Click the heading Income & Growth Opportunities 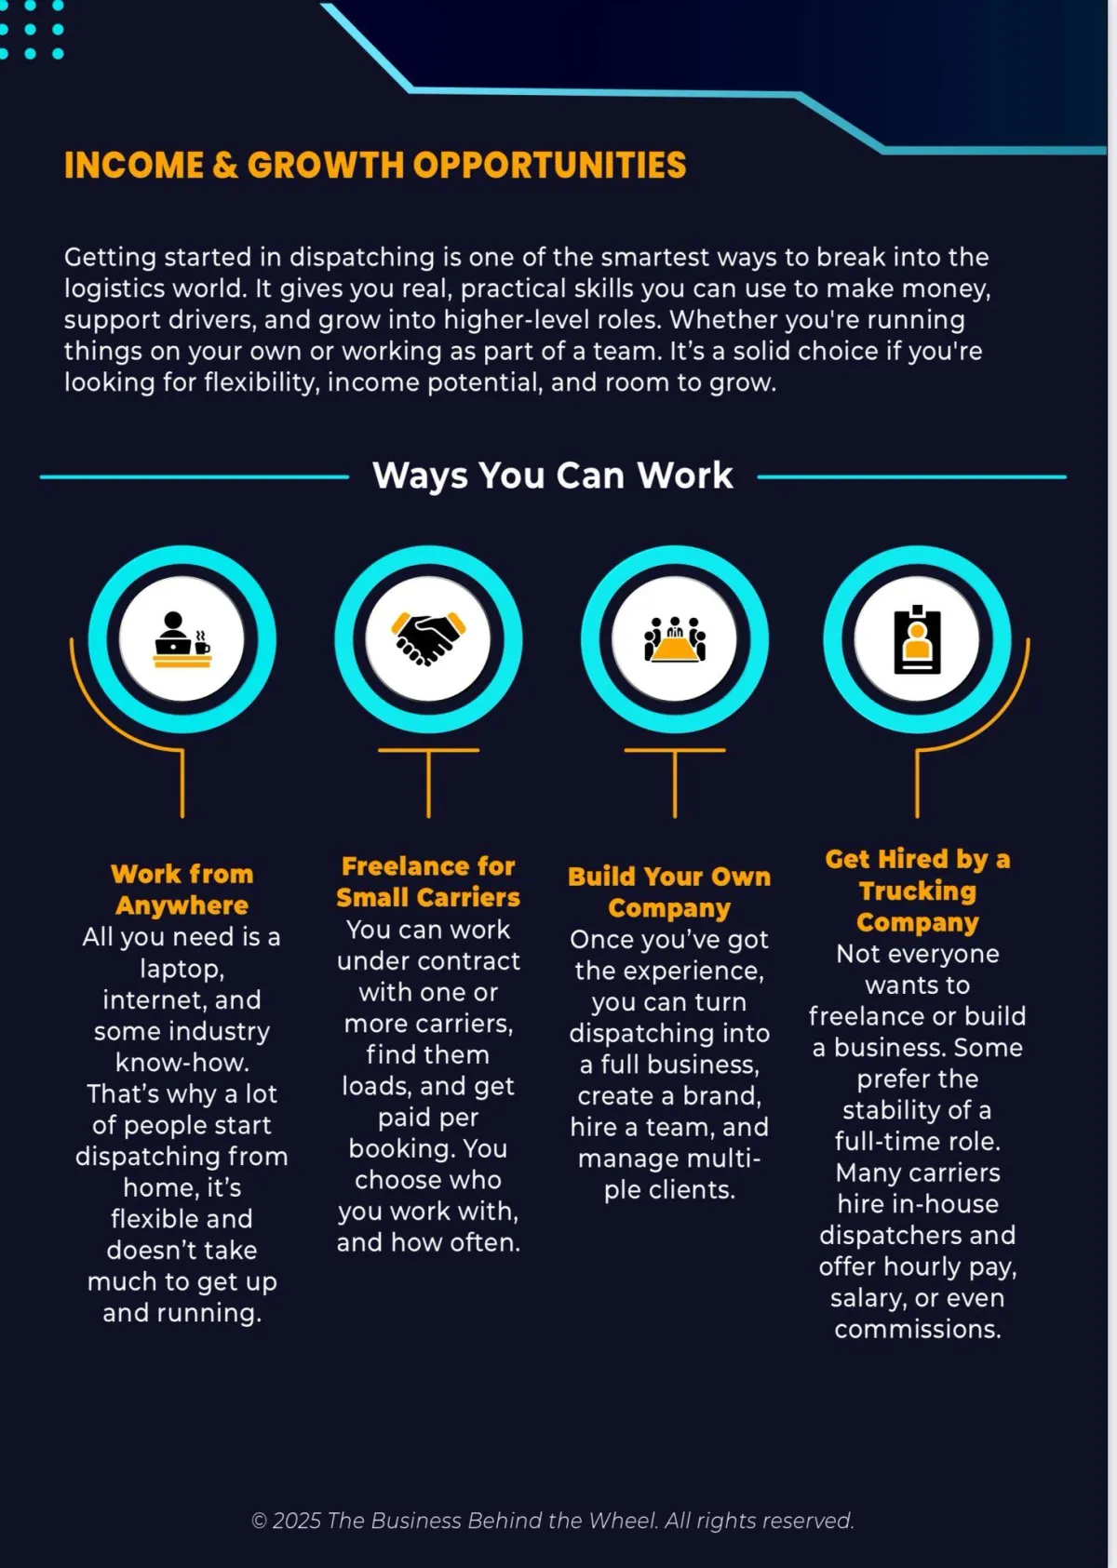click(375, 166)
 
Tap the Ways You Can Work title click(553, 476)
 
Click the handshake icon click(428, 638)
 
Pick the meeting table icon click(675, 638)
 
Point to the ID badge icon click(917, 639)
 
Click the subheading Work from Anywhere click(182, 890)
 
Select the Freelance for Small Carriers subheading click(428, 882)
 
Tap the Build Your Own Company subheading click(669, 891)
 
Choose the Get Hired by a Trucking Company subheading click(918, 891)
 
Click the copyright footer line click(553, 1521)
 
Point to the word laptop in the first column click(181, 969)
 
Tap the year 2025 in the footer click(297, 1521)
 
